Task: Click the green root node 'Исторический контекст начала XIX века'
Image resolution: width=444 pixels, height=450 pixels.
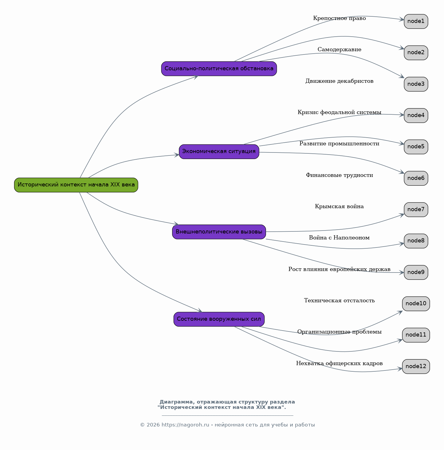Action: [x=76, y=185]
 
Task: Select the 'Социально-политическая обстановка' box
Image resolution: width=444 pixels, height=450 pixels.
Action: [x=219, y=69]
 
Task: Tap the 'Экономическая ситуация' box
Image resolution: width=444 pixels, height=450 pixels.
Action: [x=219, y=152]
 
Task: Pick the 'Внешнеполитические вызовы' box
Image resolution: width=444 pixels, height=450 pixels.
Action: [x=219, y=232]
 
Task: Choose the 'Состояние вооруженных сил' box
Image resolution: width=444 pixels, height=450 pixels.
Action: [x=219, y=319]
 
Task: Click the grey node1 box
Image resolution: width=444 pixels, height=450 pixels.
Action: [x=416, y=21]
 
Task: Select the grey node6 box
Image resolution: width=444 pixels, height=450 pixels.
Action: [x=416, y=178]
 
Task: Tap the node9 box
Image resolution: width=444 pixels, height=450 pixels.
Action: [x=416, y=273]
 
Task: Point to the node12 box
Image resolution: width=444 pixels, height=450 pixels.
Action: [x=416, y=367]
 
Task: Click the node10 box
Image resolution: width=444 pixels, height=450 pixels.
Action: [x=416, y=304]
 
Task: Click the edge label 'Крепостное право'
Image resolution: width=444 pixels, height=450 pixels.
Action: [x=339, y=18]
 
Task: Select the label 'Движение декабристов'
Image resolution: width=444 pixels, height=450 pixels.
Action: [x=339, y=81]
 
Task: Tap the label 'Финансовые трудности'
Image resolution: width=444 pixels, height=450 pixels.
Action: [x=339, y=175]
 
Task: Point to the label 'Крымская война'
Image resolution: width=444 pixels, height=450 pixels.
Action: [x=339, y=206]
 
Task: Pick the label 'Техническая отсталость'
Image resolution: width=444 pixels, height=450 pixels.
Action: [x=339, y=300]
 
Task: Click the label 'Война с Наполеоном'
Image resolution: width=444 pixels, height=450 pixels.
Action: [x=339, y=238]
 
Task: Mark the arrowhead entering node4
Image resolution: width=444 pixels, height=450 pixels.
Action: [x=402, y=115]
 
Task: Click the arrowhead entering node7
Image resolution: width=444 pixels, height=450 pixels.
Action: [x=402, y=215]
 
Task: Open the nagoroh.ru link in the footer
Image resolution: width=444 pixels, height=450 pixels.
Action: [x=185, y=425]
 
